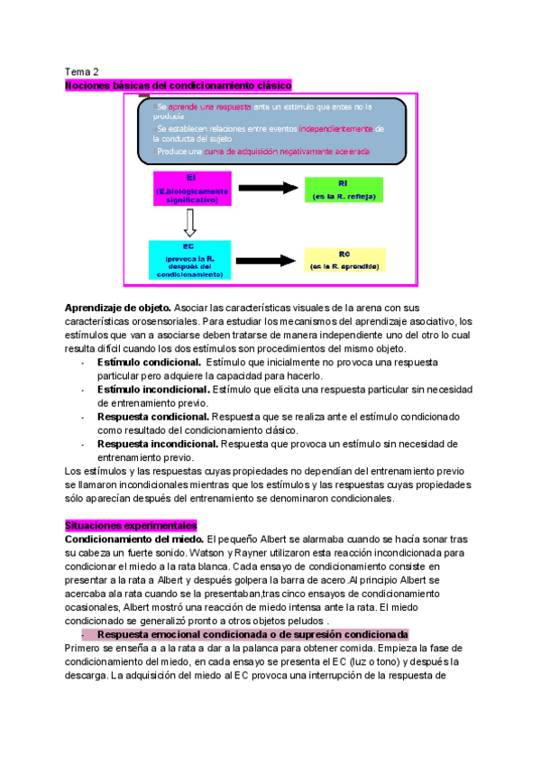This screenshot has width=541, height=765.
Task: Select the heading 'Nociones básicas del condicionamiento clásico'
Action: [179, 85]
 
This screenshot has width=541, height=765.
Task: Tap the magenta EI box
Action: [192, 189]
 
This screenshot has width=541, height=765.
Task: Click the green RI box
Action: [344, 190]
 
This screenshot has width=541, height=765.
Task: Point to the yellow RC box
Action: [344, 261]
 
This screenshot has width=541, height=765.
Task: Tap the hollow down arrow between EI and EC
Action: [190, 222]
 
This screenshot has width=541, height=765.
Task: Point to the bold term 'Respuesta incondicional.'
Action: [158, 444]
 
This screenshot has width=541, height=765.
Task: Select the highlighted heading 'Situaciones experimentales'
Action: [131, 525]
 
